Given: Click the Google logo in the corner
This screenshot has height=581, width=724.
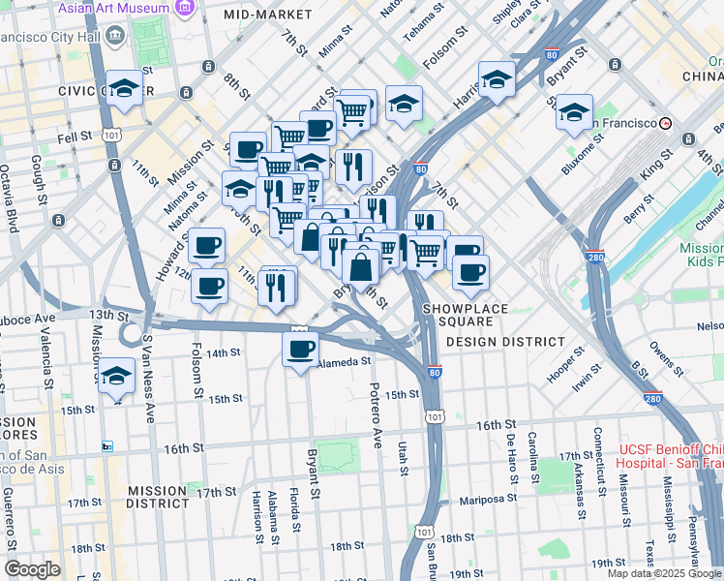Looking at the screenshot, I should tap(32, 568).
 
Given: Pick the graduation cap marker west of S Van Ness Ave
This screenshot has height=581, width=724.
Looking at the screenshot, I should tap(117, 375).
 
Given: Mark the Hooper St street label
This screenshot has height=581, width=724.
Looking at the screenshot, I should tap(564, 367).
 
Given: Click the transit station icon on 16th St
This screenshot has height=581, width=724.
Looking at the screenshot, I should tap(107, 446).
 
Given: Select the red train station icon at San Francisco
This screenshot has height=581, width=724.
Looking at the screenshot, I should tap(665, 123).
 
